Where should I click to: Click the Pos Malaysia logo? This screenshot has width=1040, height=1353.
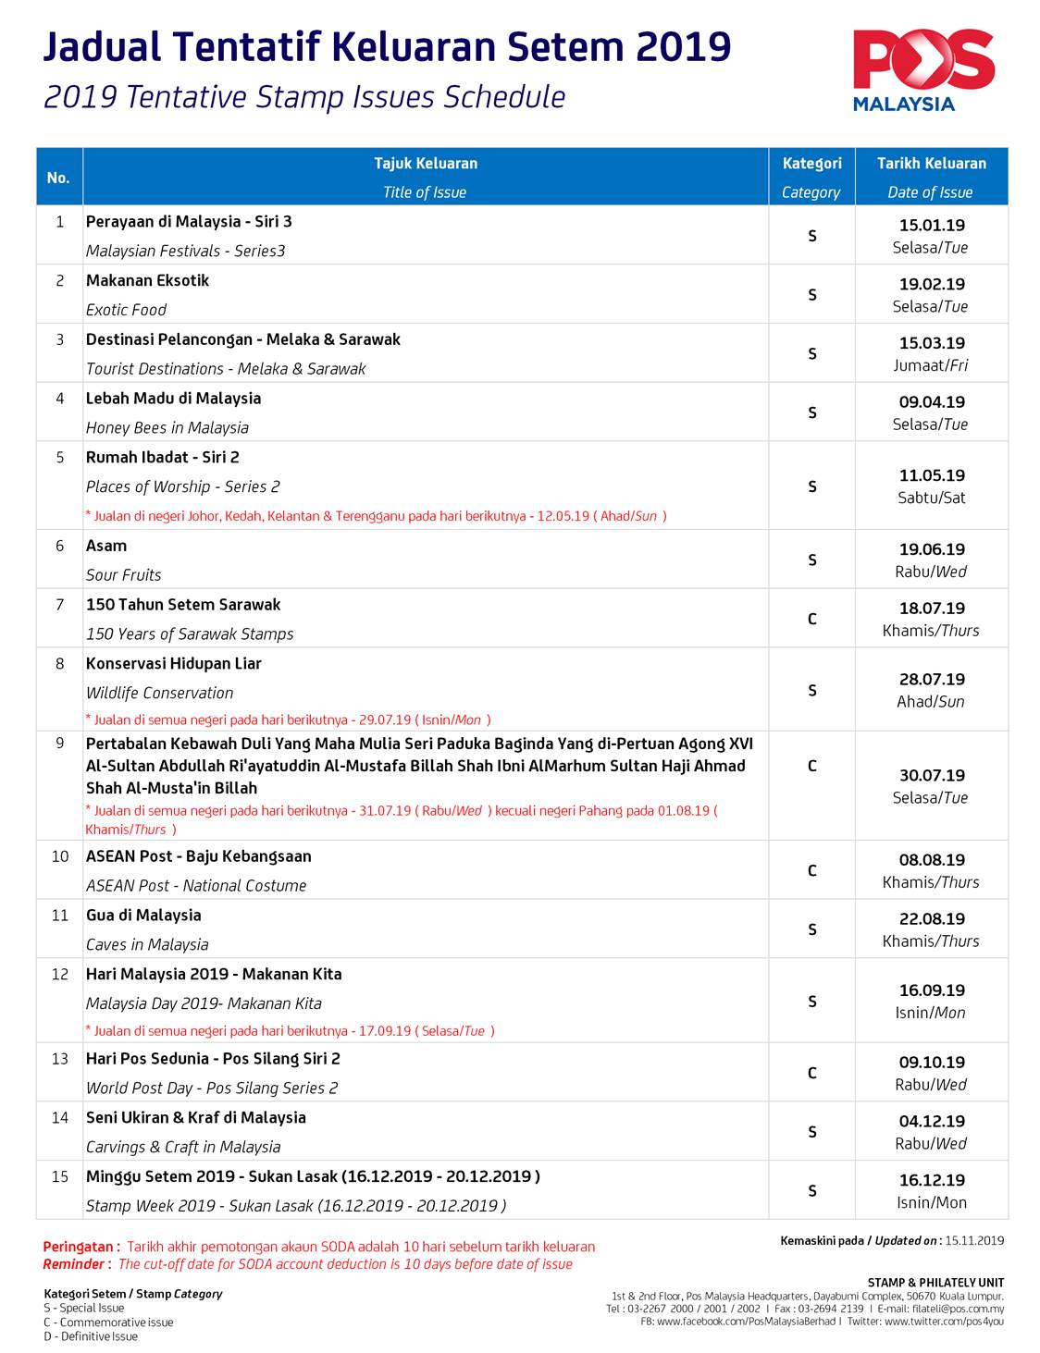click(922, 70)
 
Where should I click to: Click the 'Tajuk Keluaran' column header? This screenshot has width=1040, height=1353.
click(426, 164)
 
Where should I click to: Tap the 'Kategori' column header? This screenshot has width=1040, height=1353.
click(811, 164)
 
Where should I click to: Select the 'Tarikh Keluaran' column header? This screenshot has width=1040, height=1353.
click(931, 164)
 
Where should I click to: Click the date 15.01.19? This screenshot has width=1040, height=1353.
click(931, 225)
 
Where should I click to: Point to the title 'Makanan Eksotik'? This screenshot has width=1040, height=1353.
click(148, 280)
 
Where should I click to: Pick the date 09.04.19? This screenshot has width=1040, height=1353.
click(931, 402)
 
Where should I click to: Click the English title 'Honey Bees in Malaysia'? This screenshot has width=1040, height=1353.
click(167, 427)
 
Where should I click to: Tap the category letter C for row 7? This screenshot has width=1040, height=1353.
click(811, 619)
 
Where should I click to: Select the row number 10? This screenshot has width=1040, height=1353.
click(60, 856)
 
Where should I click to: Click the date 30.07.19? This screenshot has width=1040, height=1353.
click(931, 775)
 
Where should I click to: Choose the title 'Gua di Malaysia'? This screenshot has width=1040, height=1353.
click(143, 915)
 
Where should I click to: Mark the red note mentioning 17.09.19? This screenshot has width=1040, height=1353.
click(291, 1030)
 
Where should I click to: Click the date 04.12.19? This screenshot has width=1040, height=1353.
click(931, 1121)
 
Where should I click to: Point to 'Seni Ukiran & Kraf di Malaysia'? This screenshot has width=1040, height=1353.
click(196, 1117)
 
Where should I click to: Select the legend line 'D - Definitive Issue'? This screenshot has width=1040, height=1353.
click(91, 1336)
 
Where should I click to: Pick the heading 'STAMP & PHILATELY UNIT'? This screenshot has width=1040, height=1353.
click(935, 1283)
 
